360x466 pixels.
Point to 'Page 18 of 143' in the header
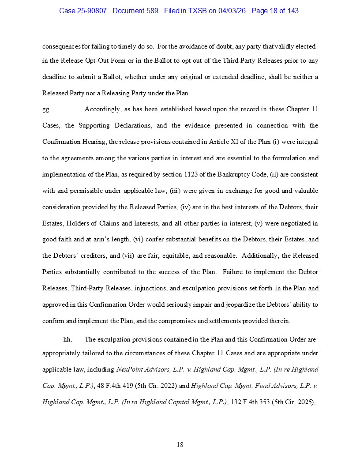[275, 11]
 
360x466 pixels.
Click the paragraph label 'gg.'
[46, 109]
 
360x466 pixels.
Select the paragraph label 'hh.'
[67, 339]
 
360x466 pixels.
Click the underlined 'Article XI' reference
[224, 142]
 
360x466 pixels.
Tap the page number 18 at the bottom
[180, 445]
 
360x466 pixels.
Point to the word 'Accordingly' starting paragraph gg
[102, 109]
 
